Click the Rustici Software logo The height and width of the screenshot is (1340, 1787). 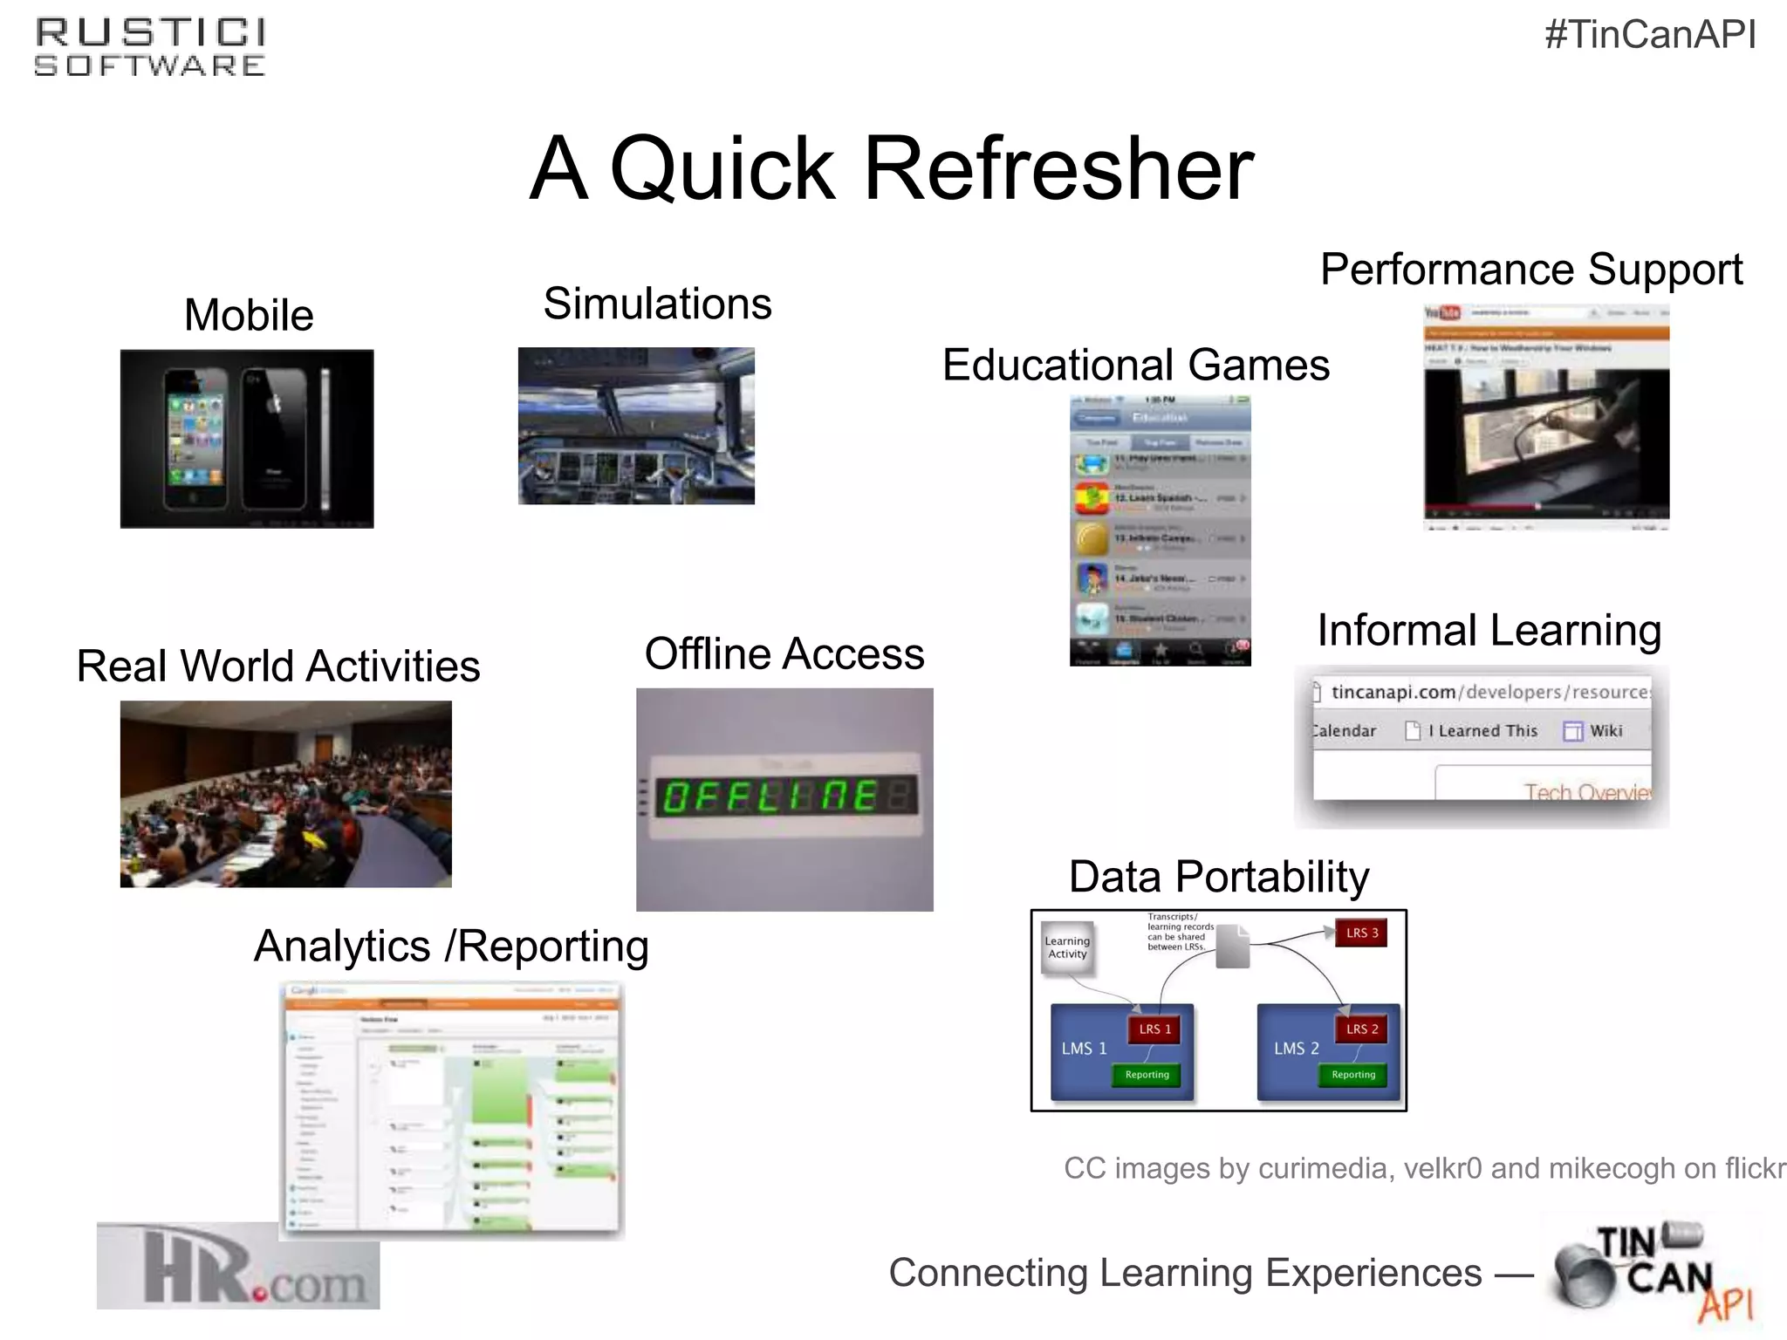click(x=150, y=48)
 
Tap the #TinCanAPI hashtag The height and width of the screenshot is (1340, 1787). click(x=1650, y=35)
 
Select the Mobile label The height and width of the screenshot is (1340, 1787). click(x=249, y=315)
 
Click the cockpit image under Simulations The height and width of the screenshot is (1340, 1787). click(x=636, y=426)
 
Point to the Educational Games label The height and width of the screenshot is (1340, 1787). click(x=1135, y=365)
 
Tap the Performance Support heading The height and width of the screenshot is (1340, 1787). click(x=1530, y=270)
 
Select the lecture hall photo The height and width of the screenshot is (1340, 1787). click(x=285, y=794)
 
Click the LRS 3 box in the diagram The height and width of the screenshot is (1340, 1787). click(x=1361, y=933)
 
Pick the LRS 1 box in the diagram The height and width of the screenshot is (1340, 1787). click(x=1154, y=1029)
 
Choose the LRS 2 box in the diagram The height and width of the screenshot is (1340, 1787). click(x=1361, y=1029)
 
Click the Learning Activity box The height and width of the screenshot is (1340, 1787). click(x=1067, y=947)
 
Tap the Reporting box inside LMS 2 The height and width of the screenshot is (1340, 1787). click(x=1352, y=1075)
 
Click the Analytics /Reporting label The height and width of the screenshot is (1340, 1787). click(x=451, y=947)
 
